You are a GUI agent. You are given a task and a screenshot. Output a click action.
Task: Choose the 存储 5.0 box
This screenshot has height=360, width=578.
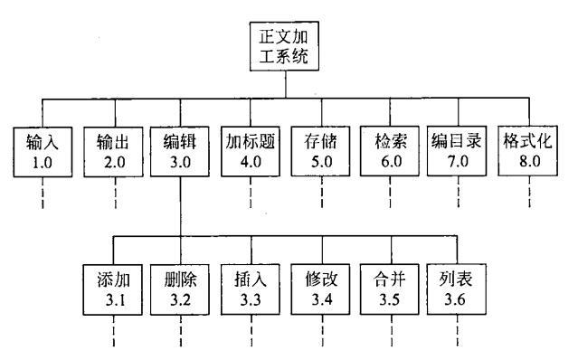(318, 151)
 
